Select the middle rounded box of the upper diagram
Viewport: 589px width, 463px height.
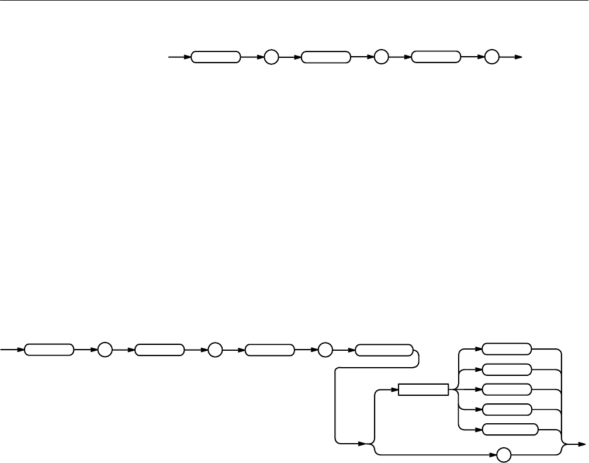(326, 57)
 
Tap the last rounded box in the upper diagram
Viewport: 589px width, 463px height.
(436, 57)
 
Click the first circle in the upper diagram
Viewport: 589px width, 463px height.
(271, 57)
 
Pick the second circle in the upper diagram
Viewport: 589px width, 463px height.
(381, 57)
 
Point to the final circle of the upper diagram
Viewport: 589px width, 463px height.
(491, 57)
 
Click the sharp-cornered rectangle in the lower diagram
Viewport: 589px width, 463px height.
(423, 389)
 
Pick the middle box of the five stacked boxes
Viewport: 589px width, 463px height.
(507, 389)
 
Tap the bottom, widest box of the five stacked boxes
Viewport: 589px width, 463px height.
(510, 430)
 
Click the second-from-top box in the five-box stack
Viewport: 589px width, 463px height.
(507, 369)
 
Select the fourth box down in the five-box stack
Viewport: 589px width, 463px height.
(507, 409)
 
